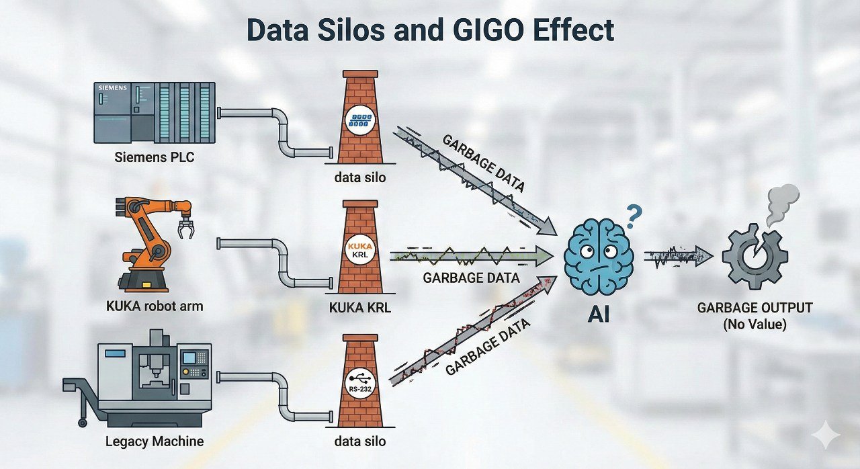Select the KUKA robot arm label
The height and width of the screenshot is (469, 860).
(x=155, y=306)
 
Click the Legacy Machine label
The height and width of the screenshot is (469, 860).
(x=155, y=441)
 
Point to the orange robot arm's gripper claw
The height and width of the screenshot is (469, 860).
(x=185, y=228)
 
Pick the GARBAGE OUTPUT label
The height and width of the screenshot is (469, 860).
(x=755, y=308)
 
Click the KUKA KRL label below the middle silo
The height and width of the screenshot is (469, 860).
(x=361, y=308)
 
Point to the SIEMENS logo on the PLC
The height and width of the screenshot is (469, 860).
(x=112, y=88)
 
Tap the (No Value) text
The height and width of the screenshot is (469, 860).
(x=755, y=325)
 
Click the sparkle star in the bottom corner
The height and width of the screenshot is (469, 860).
(x=826, y=435)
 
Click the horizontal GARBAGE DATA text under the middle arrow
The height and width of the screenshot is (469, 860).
(x=471, y=278)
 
